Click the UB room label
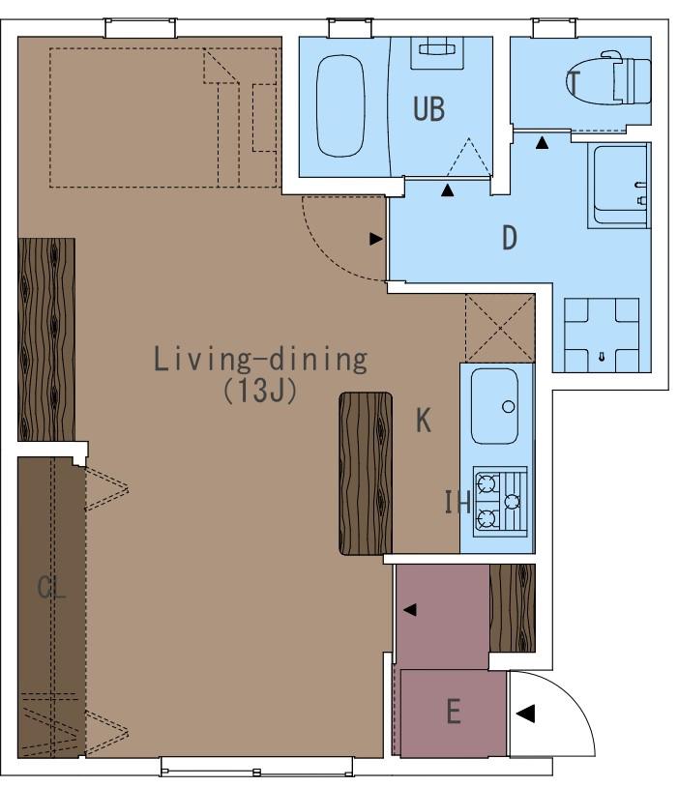(x=428, y=109)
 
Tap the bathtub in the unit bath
(x=340, y=106)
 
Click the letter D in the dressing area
(x=510, y=238)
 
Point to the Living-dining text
(x=260, y=359)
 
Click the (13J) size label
(x=260, y=390)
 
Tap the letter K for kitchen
(x=423, y=420)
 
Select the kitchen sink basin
(x=494, y=406)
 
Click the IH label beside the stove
(x=457, y=502)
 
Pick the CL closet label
(x=51, y=587)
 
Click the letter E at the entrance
(x=454, y=712)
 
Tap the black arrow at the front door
(x=525, y=714)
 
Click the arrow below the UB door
(x=448, y=190)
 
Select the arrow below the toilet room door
(x=542, y=143)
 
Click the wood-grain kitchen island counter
(x=366, y=474)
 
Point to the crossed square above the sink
(x=500, y=328)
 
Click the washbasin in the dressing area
(x=619, y=186)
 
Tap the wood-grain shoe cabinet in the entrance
(x=513, y=608)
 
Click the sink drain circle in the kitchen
(x=508, y=406)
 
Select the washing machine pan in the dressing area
(x=602, y=335)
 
